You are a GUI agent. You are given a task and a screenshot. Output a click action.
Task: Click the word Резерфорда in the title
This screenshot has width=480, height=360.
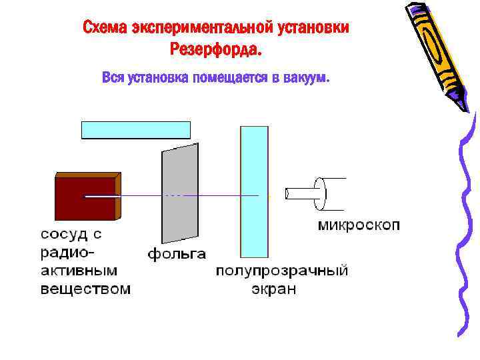pyautogui.click(x=217, y=50)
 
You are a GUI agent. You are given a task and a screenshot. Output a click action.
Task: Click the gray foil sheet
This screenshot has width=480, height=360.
pyautogui.click(x=179, y=193)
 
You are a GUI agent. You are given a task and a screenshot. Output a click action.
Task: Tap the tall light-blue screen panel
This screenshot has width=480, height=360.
pyautogui.click(x=254, y=190)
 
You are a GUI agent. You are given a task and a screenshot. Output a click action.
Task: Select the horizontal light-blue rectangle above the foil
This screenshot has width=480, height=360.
pyautogui.click(x=136, y=130)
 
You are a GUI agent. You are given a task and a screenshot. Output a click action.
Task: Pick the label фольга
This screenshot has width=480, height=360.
pyautogui.click(x=177, y=254)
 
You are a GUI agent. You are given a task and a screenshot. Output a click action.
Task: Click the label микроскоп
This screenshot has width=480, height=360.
pyautogui.click(x=359, y=225)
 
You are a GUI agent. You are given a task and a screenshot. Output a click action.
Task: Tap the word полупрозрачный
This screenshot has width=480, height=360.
pyautogui.click(x=282, y=271)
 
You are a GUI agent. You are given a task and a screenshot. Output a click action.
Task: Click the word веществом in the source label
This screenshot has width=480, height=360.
pyautogui.click(x=86, y=289)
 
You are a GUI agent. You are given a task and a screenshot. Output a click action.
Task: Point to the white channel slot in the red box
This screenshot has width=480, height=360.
pyautogui.click(x=100, y=196)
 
